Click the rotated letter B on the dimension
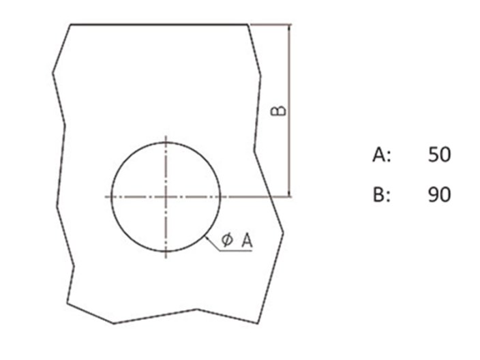[x=279, y=111]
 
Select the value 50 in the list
[x=439, y=155]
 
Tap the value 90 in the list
[x=439, y=194]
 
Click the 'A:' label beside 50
[x=382, y=155]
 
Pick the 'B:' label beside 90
[x=382, y=194]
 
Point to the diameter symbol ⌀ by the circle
[x=227, y=240]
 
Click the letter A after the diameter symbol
[x=247, y=240]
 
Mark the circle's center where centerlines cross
[x=166, y=197]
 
